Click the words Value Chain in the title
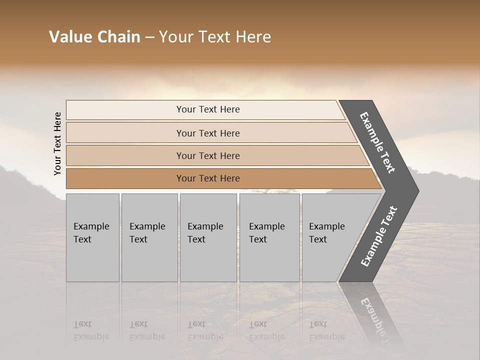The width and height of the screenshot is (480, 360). point(94,37)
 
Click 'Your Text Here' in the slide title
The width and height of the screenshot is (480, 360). point(215,37)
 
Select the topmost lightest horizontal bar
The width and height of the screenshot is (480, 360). point(125,110)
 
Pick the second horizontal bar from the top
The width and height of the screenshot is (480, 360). point(125,133)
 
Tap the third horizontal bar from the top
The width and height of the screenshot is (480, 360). point(125,155)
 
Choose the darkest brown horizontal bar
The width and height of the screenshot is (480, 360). point(125,178)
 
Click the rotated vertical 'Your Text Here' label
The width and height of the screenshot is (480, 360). point(57,143)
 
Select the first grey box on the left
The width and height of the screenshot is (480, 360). point(92,260)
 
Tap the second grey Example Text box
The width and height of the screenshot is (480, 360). point(149,260)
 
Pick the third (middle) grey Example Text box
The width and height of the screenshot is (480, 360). point(208,260)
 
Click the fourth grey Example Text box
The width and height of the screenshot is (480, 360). point(269,260)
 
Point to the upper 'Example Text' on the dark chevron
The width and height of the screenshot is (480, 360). point(377,142)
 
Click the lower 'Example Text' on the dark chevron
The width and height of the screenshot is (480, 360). point(378,236)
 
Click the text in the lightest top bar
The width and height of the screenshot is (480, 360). point(208,109)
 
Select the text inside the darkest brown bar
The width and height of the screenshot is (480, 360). point(208,178)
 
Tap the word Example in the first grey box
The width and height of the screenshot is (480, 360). point(91,226)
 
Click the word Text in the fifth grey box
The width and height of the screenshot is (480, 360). point(318,239)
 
